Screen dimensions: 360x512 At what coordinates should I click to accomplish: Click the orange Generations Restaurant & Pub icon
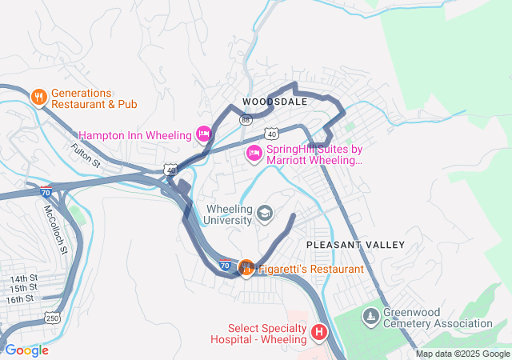[38, 97]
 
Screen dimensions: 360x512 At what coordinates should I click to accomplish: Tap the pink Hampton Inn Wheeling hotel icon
[203, 133]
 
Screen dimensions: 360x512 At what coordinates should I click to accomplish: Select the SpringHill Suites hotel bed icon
[254, 154]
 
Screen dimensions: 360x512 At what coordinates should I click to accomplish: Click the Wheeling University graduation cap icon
[265, 214]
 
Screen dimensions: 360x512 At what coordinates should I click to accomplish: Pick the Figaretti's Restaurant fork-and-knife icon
[246, 268]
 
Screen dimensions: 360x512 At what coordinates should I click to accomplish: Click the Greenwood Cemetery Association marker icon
[370, 318]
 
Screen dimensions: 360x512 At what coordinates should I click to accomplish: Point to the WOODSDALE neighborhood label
[275, 102]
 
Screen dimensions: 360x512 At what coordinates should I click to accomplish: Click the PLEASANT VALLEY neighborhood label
[356, 244]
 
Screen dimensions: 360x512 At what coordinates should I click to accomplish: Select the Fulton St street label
[86, 154]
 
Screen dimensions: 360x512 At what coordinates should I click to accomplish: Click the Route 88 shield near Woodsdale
[245, 119]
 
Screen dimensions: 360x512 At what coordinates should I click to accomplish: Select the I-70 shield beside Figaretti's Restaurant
[226, 265]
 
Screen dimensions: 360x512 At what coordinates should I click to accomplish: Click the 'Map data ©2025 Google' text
[462, 354]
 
